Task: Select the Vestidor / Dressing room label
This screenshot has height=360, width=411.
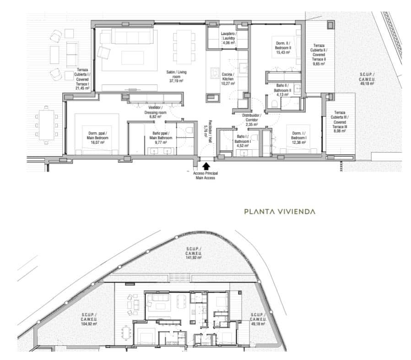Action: coord(153,112)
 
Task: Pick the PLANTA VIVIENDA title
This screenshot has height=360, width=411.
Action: coord(280,212)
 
